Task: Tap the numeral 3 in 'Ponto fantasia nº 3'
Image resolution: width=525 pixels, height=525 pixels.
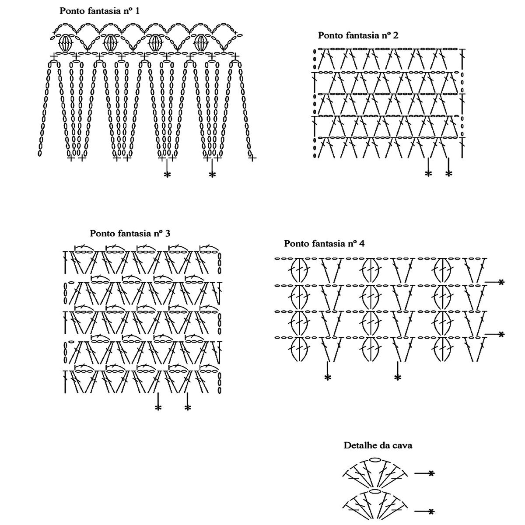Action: pyautogui.click(x=168, y=233)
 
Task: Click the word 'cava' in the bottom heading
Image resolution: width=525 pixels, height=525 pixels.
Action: pyautogui.click(x=403, y=446)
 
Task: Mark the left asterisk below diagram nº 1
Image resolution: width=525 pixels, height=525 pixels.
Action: pyautogui.click(x=167, y=175)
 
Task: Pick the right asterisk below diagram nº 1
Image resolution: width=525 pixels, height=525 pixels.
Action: pyautogui.click(x=212, y=175)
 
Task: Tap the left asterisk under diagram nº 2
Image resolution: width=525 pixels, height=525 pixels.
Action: pyautogui.click(x=428, y=174)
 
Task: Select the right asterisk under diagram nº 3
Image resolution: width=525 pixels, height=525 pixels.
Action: pyautogui.click(x=188, y=408)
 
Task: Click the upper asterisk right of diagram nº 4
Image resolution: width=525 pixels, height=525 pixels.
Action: pyautogui.click(x=501, y=282)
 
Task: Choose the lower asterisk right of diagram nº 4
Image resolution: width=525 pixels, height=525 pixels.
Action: pyautogui.click(x=501, y=334)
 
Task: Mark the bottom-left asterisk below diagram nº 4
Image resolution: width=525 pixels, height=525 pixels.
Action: pyautogui.click(x=328, y=378)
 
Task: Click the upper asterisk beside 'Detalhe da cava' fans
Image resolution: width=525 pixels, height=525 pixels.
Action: pyautogui.click(x=431, y=473)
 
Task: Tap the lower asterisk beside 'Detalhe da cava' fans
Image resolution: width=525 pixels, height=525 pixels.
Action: pyautogui.click(x=431, y=511)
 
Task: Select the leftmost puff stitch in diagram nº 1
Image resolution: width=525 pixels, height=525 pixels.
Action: pyautogui.click(x=66, y=43)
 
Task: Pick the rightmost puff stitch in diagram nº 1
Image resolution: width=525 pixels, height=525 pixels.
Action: pyautogui.click(x=201, y=43)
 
